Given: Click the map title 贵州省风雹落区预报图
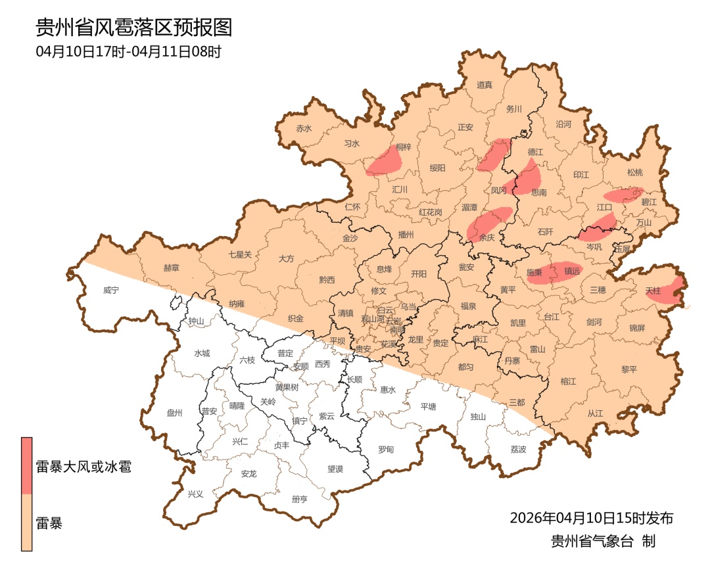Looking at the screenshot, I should pos(134,28).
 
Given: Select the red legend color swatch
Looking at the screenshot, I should pos(27,465).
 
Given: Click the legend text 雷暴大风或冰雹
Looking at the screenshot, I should pos(83,467).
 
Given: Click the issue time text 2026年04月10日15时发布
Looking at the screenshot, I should pos(591,518).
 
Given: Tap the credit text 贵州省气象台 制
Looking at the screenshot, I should pos(603,542).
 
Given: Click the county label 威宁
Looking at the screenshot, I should pos(111,289).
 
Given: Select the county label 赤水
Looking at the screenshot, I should pos(304,129).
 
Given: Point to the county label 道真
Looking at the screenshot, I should pos(485,85).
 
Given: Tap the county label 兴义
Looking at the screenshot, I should pos(196,494).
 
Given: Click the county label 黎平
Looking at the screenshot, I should pos(629,369).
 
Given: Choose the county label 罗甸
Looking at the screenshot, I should pos(386,450).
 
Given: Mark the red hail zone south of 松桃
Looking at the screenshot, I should pos(622,195).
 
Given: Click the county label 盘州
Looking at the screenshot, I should pos(174,413).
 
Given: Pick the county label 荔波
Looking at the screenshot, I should pos(518,449).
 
